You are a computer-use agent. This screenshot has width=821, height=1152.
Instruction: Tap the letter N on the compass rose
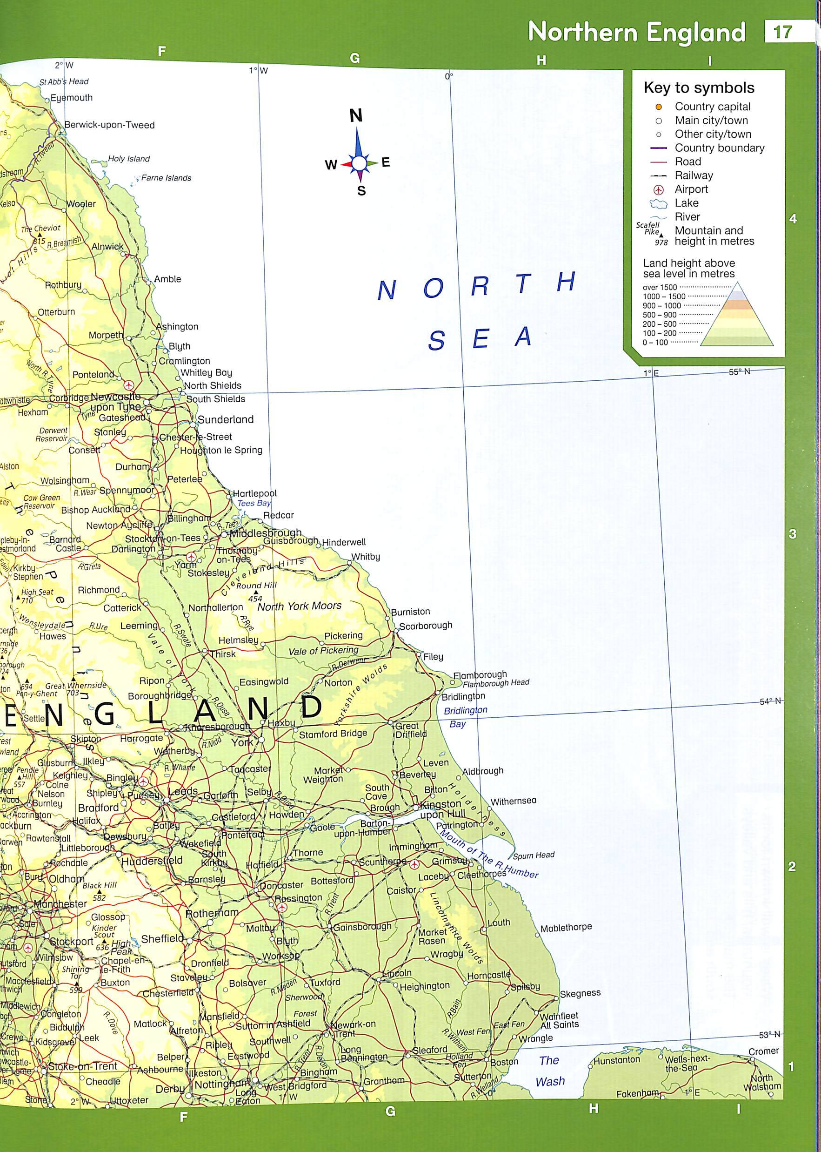point(356,116)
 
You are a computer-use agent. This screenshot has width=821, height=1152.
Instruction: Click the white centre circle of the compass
point(359,163)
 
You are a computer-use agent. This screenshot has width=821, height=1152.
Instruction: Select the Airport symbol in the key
point(659,190)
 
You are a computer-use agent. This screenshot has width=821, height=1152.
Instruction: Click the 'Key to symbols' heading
point(699,88)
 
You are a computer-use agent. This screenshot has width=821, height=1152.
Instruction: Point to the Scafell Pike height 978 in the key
point(661,243)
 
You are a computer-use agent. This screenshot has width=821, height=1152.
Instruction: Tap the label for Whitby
point(366,557)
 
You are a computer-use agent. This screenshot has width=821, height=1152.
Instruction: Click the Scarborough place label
point(426,625)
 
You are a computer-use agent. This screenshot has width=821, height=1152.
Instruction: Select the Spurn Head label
point(534,855)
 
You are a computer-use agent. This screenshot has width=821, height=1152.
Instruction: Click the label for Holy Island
point(129,159)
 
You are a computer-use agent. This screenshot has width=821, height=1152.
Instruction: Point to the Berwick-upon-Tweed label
point(109,125)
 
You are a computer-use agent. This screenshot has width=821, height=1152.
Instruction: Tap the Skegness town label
point(581,993)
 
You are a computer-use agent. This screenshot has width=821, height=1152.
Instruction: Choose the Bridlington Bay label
point(465,716)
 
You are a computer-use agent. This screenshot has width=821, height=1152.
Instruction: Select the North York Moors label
point(299,606)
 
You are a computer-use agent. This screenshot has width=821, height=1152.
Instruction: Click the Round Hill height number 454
point(255,599)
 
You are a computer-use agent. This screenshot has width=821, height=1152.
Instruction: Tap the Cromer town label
point(763,1051)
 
